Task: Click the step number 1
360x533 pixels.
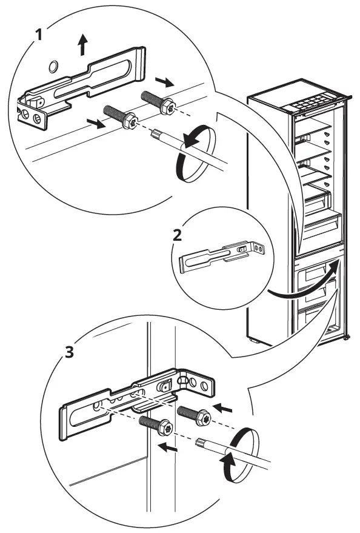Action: tap(39, 34)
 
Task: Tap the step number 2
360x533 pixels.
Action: tap(177, 235)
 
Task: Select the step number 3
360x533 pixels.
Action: tap(70, 352)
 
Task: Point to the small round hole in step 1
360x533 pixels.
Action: tap(53, 65)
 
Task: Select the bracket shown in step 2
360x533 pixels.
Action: tap(224, 255)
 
